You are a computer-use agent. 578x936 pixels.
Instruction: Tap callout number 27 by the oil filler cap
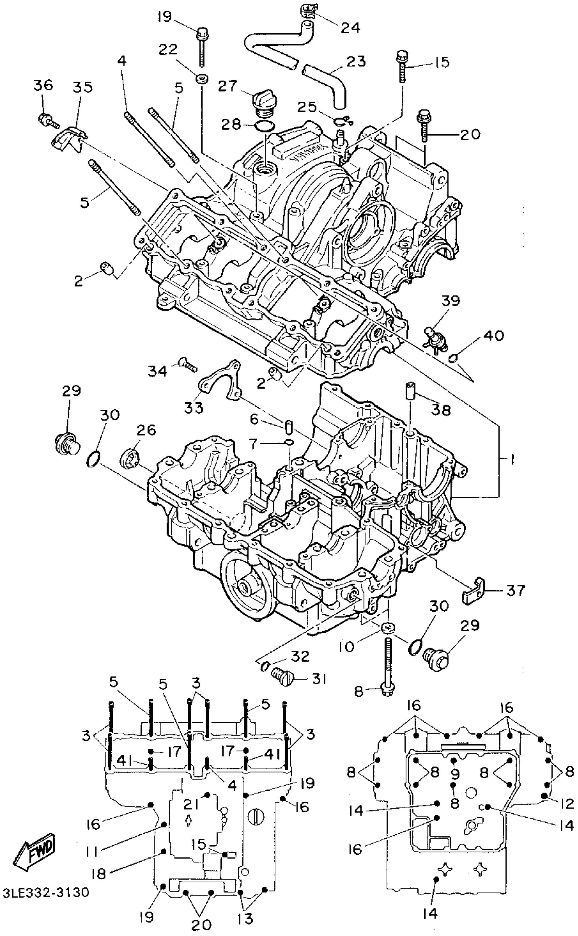(228, 86)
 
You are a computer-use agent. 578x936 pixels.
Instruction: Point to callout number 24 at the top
(350, 28)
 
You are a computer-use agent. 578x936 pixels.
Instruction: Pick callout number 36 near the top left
(43, 85)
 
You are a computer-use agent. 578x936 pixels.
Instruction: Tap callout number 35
(83, 87)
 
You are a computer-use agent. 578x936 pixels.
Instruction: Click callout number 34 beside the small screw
(158, 370)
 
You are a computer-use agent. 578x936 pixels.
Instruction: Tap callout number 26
(147, 430)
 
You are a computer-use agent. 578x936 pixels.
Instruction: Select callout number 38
(441, 410)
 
